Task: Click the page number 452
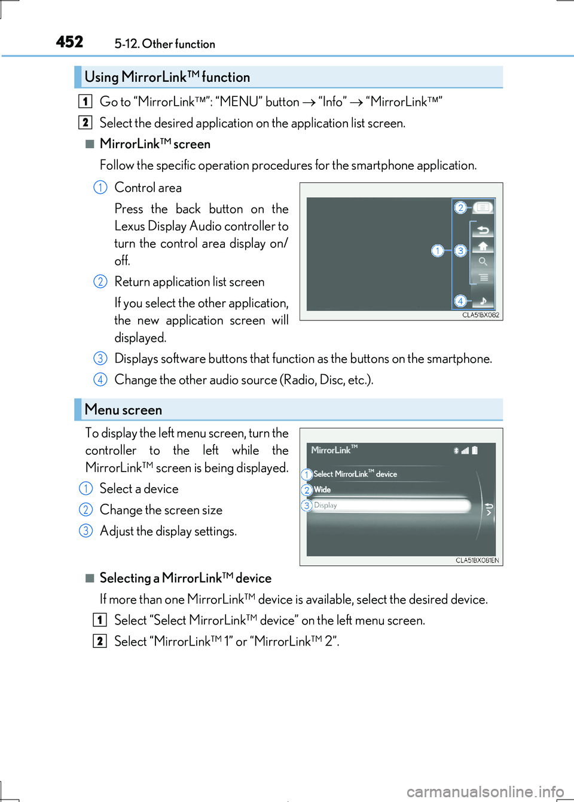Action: pyautogui.click(x=70, y=42)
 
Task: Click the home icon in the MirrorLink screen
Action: pyautogui.click(x=483, y=246)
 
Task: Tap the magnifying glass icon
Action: pyautogui.click(x=483, y=262)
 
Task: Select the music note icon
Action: pyautogui.click(x=483, y=301)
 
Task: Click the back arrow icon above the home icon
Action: pyautogui.click(x=483, y=230)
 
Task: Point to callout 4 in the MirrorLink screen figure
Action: pyautogui.click(x=460, y=301)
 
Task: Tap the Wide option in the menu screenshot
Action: pyautogui.click(x=322, y=489)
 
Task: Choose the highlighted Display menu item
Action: pyautogui.click(x=389, y=506)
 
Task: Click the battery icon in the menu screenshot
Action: pyautogui.click(x=475, y=451)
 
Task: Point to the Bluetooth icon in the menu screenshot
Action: pyautogui.click(x=456, y=451)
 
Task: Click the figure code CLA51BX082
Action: pyautogui.click(x=480, y=315)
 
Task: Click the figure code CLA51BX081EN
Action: pyautogui.click(x=477, y=561)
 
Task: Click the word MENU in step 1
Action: pyautogui.click(x=239, y=102)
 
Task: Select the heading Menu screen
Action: pyautogui.click(x=123, y=410)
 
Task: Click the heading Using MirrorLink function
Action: pyautogui.click(x=167, y=77)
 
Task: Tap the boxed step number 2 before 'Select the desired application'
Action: pyautogui.click(x=86, y=123)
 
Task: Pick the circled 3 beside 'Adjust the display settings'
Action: pyautogui.click(x=86, y=531)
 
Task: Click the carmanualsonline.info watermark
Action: pyautogui.click(x=485, y=792)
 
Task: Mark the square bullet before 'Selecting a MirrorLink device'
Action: pyautogui.click(x=90, y=578)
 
